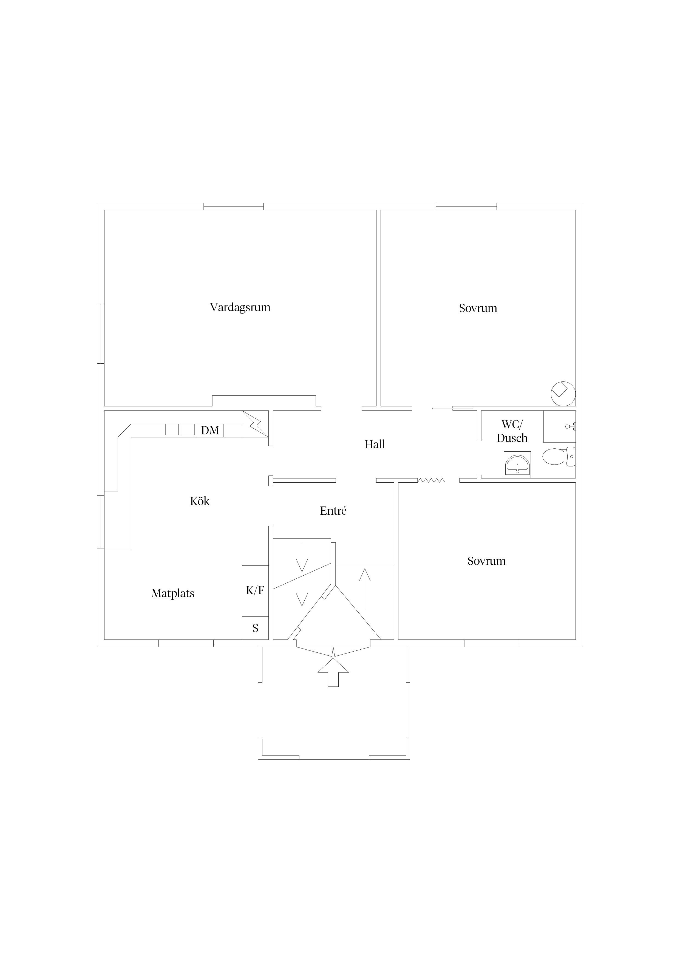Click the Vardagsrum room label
(240, 307)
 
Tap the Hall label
(374, 445)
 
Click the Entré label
(333, 511)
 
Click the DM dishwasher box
(210, 430)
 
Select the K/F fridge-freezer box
(255, 591)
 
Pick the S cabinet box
(255, 628)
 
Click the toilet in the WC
(559, 457)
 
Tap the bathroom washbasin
(517, 464)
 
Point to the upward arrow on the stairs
(365, 587)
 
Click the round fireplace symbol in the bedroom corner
(563, 394)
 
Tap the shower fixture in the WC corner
(571, 426)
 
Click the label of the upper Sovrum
(478, 309)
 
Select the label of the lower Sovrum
(486, 561)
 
